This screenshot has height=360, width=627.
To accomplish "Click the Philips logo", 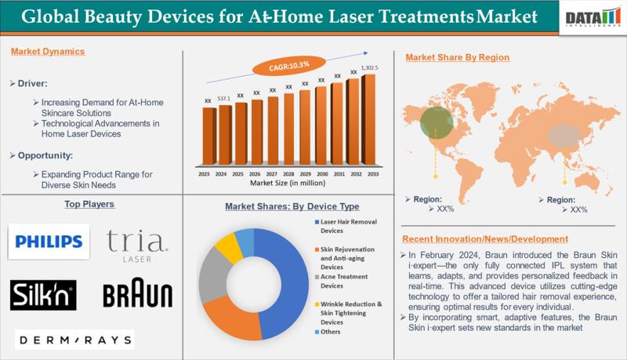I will tap(49, 241).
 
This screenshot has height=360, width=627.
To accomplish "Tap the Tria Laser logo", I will tap(135, 244).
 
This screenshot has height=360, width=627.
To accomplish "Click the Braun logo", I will tap(137, 295).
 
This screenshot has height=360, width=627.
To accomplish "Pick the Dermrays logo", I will tap(74, 339).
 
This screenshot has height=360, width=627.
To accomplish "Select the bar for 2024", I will tap(225, 136).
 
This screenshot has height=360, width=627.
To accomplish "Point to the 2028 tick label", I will tap(288, 174).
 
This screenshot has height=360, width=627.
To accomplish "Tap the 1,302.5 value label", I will tap(369, 68).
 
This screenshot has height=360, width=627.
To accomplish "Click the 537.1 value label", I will tap(224, 99).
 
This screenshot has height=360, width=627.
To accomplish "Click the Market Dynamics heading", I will tap(48, 52).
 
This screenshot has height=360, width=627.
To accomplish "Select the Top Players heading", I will tap(89, 204).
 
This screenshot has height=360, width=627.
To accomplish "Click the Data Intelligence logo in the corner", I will tap(593, 18).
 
